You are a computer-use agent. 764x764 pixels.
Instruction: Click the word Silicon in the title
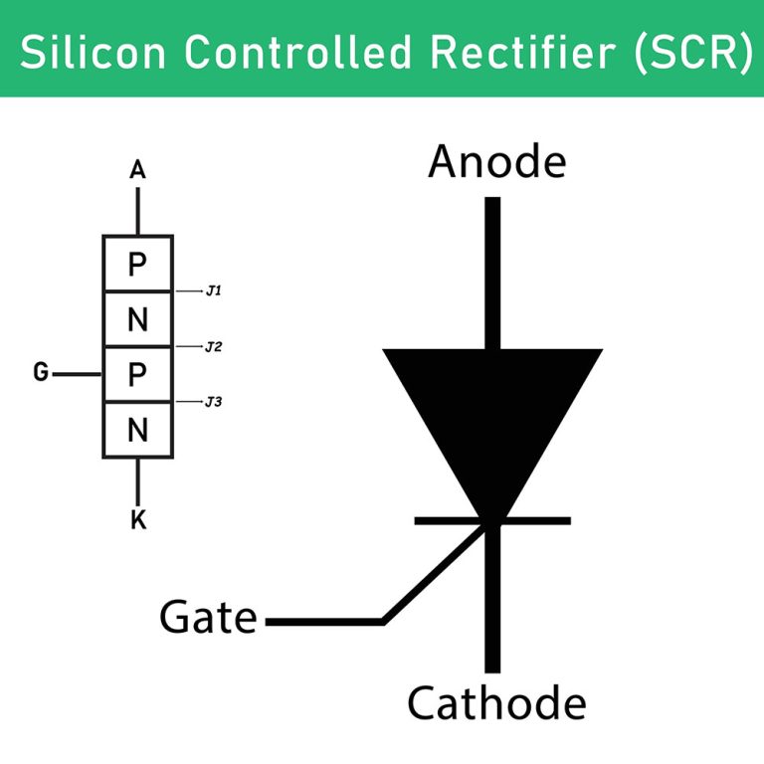83,52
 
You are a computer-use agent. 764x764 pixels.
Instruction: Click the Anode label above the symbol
496,161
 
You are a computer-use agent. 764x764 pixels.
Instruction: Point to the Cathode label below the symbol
496,703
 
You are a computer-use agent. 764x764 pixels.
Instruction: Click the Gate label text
208,619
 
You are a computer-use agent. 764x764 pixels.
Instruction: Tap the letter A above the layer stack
138,171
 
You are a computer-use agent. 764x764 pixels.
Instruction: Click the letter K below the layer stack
138,519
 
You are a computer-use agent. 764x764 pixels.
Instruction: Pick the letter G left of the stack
41,373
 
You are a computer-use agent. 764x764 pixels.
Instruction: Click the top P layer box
138,264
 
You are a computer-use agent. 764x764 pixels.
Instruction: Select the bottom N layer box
138,430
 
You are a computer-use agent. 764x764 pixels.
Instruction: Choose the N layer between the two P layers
138,319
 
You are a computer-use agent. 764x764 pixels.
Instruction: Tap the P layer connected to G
138,374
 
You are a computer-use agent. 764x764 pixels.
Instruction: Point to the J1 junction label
213,291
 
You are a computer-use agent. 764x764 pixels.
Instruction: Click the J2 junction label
213,347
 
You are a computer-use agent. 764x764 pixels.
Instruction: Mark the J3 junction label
213,402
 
